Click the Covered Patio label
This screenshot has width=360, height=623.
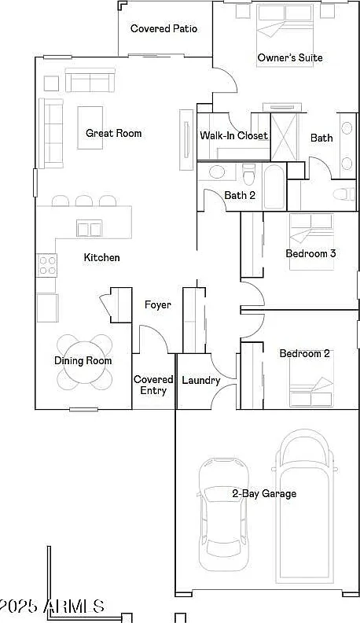pos(163,28)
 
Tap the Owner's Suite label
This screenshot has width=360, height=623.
pos(290,57)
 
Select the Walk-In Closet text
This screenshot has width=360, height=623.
pos(233,135)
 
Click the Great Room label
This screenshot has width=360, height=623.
pos(113,133)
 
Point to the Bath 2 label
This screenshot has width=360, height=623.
pos(240,195)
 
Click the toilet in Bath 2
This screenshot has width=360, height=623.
pos(249,174)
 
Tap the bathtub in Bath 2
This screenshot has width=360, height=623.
pos(274,186)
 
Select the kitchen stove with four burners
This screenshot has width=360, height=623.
pos(47,265)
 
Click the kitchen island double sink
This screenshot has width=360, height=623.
pos(90,228)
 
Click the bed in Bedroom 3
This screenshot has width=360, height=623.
pos(311,242)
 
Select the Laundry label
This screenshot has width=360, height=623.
pos(201,380)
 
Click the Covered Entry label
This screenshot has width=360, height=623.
pos(153,385)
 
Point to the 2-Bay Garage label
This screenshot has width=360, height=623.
pos(264,494)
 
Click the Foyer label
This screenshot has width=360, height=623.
pos(157,305)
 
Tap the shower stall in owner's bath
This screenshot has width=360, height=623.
pos(284,137)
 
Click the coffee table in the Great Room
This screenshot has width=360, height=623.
pos(90,127)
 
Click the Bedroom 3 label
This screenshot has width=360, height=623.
pos(311,253)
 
